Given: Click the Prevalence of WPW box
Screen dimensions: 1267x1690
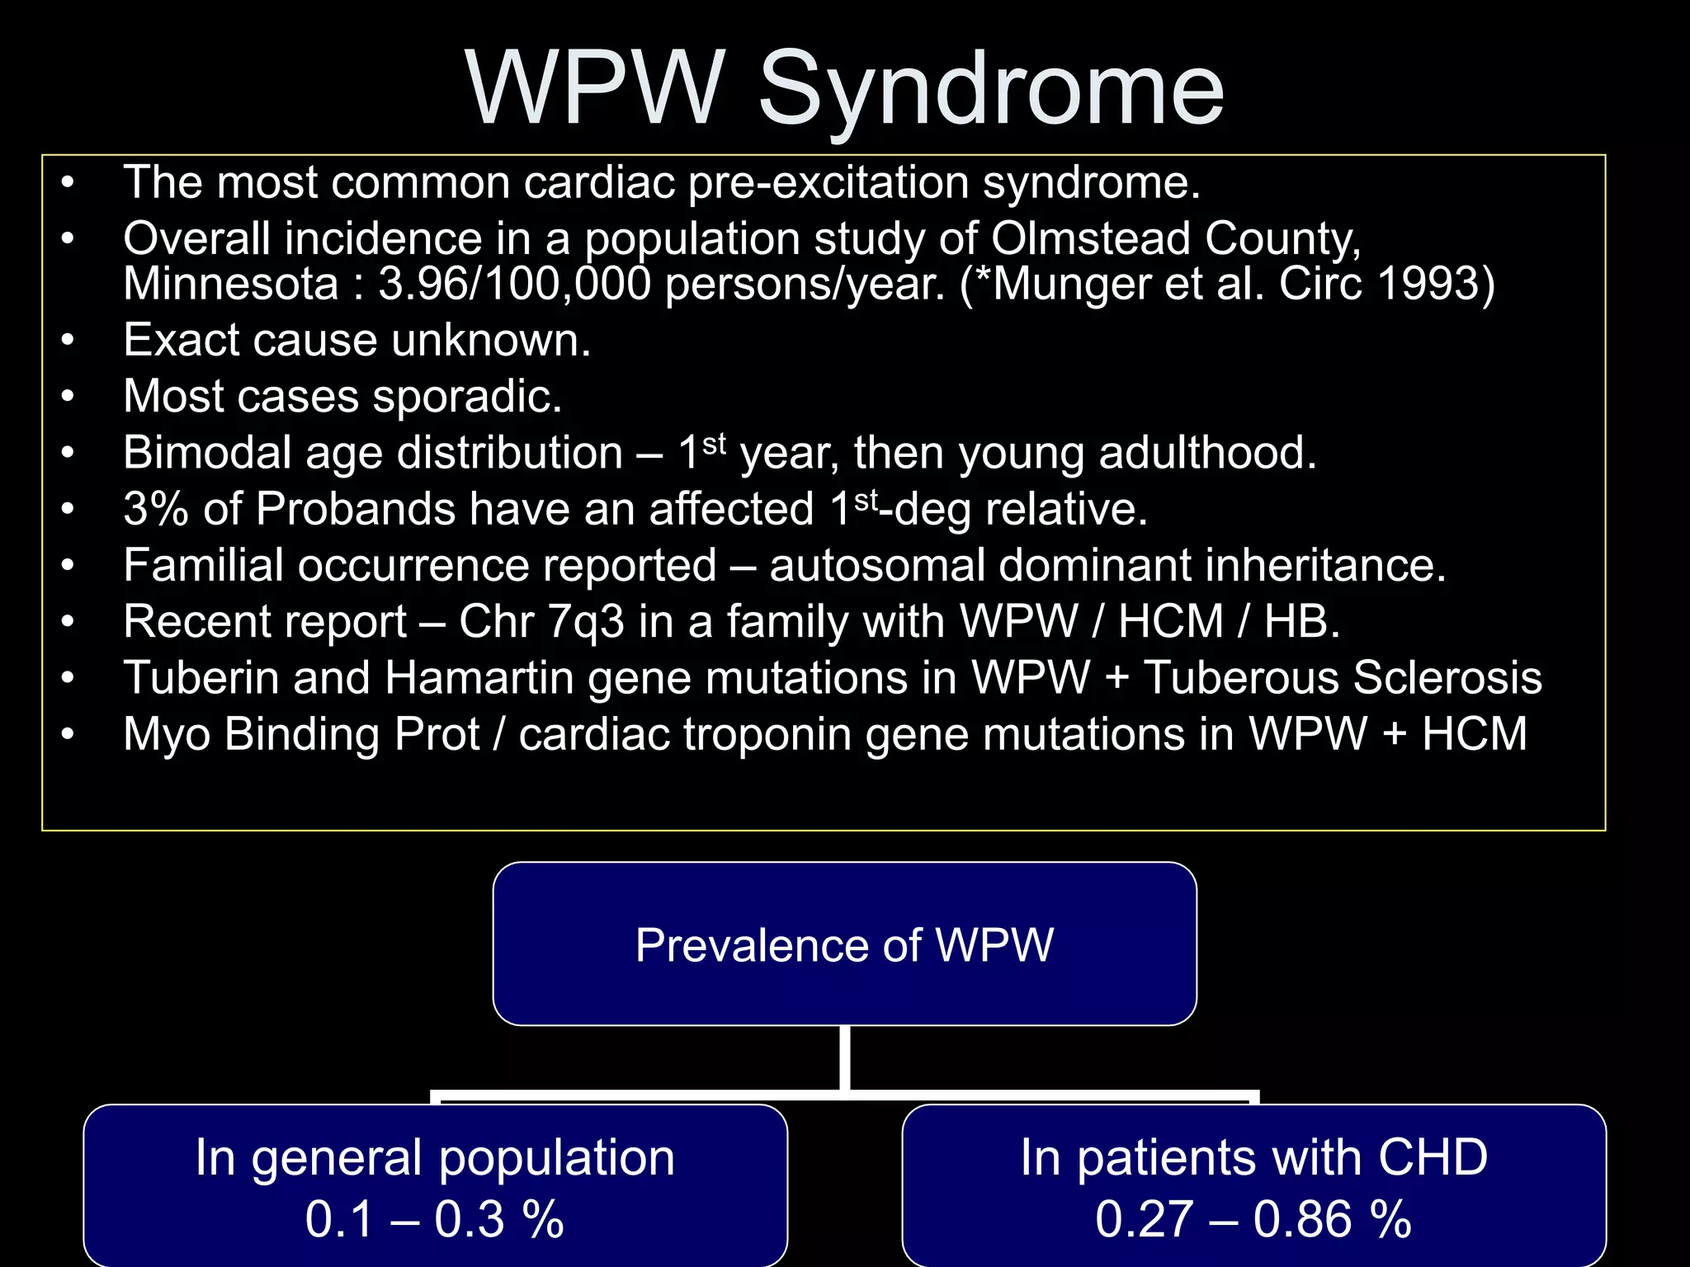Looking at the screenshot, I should click(844, 944).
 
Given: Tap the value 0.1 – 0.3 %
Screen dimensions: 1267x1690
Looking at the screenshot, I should click(435, 1219).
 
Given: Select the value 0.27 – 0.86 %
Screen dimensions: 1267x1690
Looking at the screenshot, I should click(1253, 1219).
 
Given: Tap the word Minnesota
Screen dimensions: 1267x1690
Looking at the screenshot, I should click(231, 284).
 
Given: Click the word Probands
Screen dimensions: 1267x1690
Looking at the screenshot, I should click(355, 509).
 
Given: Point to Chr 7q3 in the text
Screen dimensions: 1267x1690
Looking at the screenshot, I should click(541, 621).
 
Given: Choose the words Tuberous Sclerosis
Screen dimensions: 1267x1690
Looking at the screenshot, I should click(1343, 678).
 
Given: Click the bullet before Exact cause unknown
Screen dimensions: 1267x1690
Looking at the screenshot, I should click(68, 341).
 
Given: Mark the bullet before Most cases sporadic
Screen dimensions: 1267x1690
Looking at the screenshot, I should click(68, 397).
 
